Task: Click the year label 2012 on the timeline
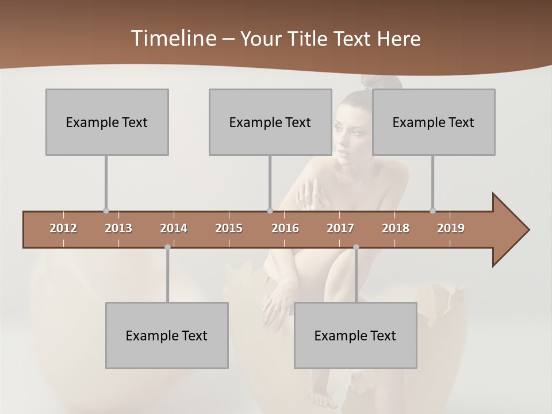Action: pyautogui.click(x=63, y=228)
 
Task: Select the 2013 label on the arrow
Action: pyautogui.click(x=118, y=228)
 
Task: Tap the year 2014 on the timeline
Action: pyautogui.click(x=174, y=228)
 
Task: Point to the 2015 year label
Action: pyautogui.click(x=229, y=228)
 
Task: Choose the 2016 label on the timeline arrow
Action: pyautogui.click(x=285, y=228)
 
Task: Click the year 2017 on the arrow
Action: pyautogui.click(x=340, y=228)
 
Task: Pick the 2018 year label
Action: pyautogui.click(x=396, y=228)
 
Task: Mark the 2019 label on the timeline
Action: pyautogui.click(x=451, y=228)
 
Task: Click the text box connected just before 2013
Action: pyautogui.click(x=107, y=122)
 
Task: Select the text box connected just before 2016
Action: pyautogui.click(x=270, y=122)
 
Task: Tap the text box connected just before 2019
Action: pyautogui.click(x=434, y=122)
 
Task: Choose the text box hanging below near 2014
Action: pyautogui.click(x=167, y=335)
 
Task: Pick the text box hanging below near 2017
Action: pyautogui.click(x=355, y=335)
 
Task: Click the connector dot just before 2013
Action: pyautogui.click(x=106, y=210)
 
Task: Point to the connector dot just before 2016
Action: pyautogui.click(x=270, y=210)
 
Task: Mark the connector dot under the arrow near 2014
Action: pyautogui.click(x=167, y=247)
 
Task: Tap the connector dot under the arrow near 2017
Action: pyautogui.click(x=356, y=247)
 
